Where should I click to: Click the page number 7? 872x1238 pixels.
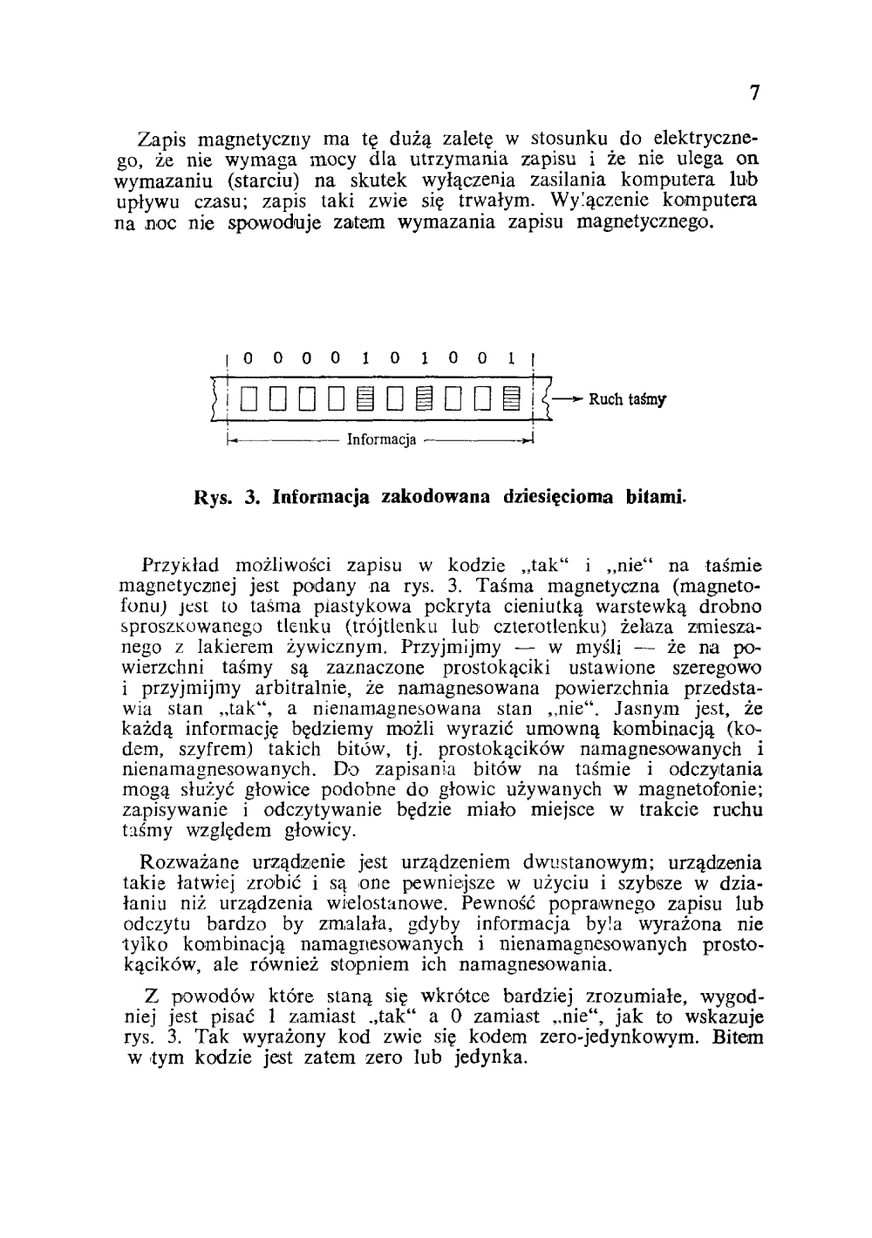coord(754,93)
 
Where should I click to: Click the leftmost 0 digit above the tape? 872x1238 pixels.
coord(249,357)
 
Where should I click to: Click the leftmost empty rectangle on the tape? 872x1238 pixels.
coord(249,399)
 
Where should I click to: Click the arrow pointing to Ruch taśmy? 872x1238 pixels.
coord(568,399)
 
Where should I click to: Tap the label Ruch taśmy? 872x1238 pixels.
coord(628,400)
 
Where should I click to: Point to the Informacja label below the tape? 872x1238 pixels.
coord(381,439)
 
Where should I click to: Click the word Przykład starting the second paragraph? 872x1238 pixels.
coord(177,563)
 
